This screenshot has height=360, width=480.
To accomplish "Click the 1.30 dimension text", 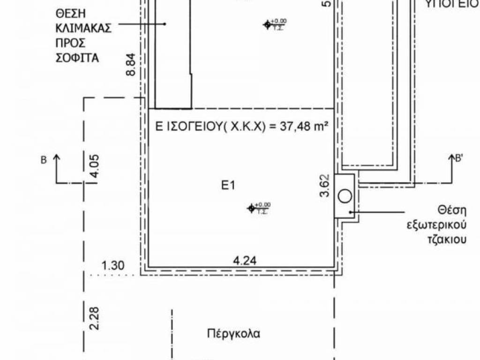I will tap(112, 266).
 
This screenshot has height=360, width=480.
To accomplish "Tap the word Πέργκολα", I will tap(233, 334).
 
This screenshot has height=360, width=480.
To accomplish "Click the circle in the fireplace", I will tap(345, 196).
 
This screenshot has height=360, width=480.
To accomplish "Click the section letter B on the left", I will tap(44, 160).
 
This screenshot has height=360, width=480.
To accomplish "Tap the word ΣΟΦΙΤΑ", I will tap(77, 58).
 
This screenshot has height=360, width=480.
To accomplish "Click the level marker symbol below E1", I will tap(252, 208).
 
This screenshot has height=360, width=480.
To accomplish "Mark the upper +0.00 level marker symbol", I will tap(268, 24).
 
